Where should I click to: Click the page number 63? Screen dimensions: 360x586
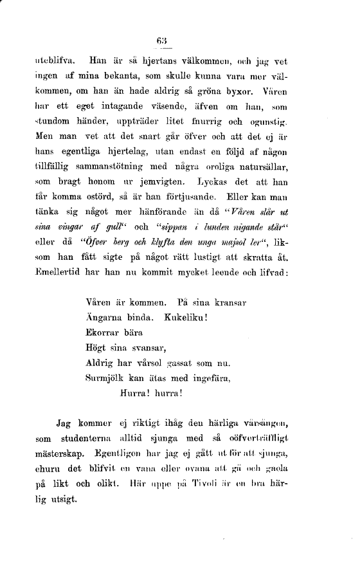pos(161,42)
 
